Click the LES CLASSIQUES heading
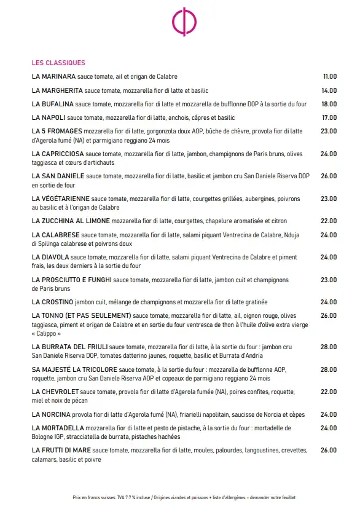(x=58, y=63)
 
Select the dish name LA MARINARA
(x=53, y=76)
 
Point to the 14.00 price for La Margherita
(x=329, y=90)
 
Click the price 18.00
(x=329, y=104)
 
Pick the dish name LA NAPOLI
(x=49, y=117)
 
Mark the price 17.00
(x=329, y=117)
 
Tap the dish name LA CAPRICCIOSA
(x=58, y=154)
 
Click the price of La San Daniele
(x=329, y=176)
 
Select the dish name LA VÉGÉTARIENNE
(x=60, y=199)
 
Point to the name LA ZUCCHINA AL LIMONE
(x=71, y=221)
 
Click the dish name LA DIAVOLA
(x=50, y=257)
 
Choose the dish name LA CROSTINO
(x=52, y=302)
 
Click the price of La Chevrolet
(x=329, y=392)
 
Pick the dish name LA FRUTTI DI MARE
(x=61, y=450)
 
